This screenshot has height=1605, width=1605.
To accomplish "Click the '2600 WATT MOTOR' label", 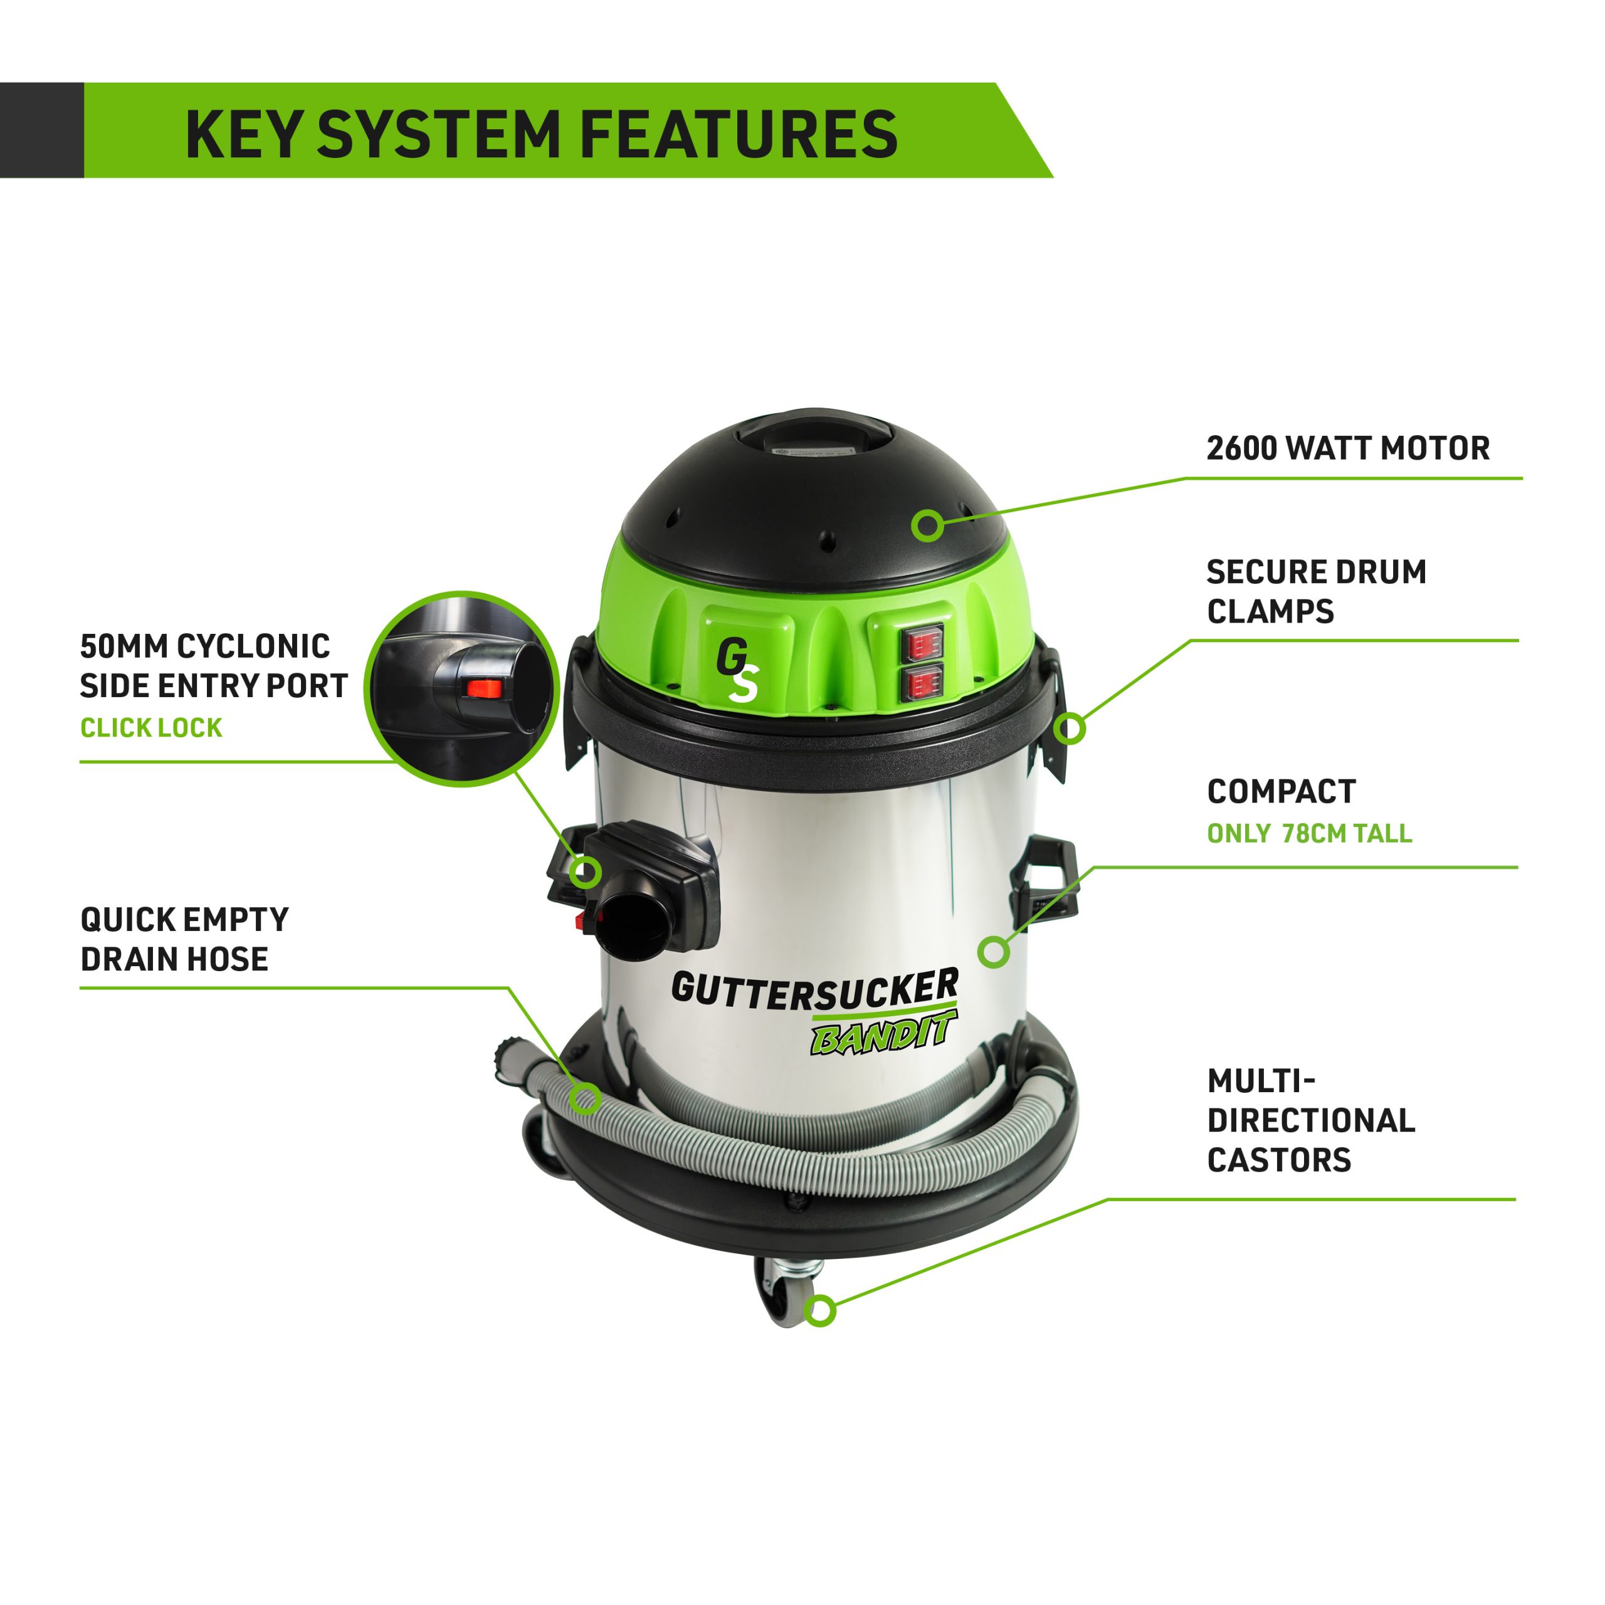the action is coord(1347,449).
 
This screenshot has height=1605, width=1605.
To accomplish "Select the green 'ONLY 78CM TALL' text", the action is coord(1309,833).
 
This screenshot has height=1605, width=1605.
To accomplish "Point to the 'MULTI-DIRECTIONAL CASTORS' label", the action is coord(1311,1120).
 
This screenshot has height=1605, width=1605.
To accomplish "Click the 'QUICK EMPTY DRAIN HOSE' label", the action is coord(184,939).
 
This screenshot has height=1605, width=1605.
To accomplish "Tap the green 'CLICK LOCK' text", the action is coord(151,728).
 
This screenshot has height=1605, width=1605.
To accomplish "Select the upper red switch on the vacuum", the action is coord(924,643).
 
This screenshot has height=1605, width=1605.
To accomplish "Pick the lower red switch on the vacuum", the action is coord(924,683).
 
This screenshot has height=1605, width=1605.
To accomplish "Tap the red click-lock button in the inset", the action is coord(482,688).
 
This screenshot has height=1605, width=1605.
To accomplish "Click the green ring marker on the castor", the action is coord(821,1311).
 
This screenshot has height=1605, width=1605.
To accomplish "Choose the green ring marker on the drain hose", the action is coord(586,1099).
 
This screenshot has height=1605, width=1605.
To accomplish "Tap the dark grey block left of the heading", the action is coord(41,130).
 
